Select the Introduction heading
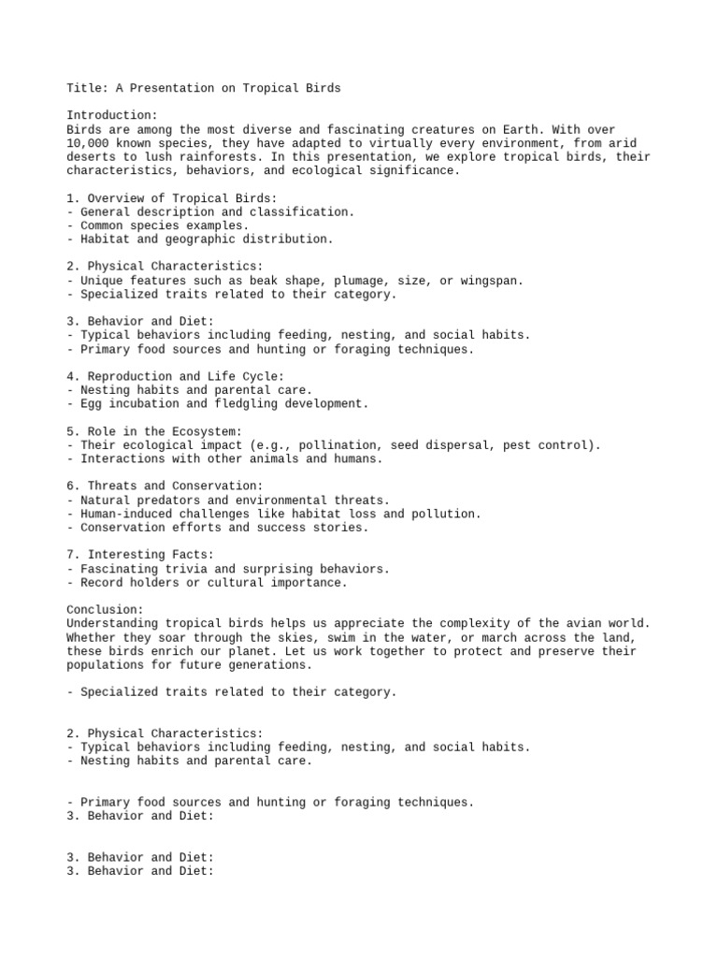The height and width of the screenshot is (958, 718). pyautogui.click(x=111, y=115)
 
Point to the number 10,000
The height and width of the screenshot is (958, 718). pyautogui.click(x=87, y=143)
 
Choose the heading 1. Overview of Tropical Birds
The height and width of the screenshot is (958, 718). pyautogui.click(x=171, y=198)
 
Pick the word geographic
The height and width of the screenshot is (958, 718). pyautogui.click(x=202, y=239)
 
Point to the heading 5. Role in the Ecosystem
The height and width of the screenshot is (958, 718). pyautogui.click(x=154, y=431)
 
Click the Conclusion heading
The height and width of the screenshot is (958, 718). pyautogui.click(x=105, y=610)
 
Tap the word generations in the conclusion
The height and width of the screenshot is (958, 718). pyautogui.click(x=272, y=665)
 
